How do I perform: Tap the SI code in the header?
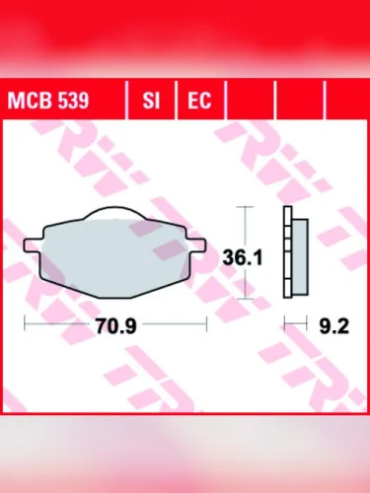click(152, 101)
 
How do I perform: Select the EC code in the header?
click(200, 101)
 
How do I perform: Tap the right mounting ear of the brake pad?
click(200, 240)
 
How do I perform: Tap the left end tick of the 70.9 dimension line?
click(24, 323)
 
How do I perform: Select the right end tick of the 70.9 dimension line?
click(207, 323)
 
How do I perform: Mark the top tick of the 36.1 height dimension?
click(248, 208)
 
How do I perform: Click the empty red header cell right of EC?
click(251, 101)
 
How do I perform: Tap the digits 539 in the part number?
click(70, 101)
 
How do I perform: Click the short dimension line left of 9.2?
click(294, 323)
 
